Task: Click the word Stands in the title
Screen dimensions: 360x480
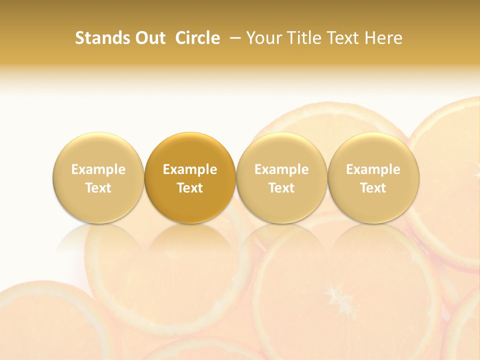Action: coord(101,38)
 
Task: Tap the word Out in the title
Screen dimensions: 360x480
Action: coord(149,38)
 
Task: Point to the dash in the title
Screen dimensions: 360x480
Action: coord(233,38)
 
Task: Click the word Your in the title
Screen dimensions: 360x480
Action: coord(262,38)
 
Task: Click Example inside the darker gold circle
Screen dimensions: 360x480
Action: coord(190,169)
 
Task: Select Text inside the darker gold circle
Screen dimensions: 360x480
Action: coord(190,188)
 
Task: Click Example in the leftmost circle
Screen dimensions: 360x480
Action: coord(98,169)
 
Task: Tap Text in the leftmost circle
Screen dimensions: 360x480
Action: coord(98,188)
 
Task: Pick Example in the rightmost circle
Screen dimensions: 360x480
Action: coord(373,169)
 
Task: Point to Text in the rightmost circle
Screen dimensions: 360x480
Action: coord(373,188)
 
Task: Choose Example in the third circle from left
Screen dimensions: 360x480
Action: coord(281,169)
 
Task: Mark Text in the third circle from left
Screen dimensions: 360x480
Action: coord(281,188)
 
